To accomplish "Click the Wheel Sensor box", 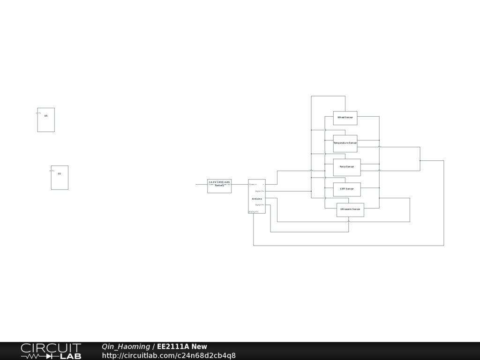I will tap(345, 118).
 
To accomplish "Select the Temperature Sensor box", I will tap(345, 143).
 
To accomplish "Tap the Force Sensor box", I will tap(347, 167).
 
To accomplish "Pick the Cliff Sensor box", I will tap(347, 189).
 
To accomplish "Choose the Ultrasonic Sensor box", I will tap(350, 209).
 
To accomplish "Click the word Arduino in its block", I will tap(257, 199).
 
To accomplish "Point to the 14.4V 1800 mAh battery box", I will tap(219, 186).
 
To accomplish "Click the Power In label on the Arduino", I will tap(253, 185).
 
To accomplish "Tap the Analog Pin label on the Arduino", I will tap(253, 212).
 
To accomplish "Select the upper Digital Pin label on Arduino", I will tap(260, 191).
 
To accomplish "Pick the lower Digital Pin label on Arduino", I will tap(260, 205).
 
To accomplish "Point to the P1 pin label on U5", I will tap(40, 113).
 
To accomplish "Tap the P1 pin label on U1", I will tap(53, 171).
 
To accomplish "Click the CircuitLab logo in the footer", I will tap(51, 351).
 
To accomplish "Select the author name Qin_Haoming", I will tap(126, 347).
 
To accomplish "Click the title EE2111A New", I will tap(182, 347).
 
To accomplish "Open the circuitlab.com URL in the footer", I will tap(169, 356).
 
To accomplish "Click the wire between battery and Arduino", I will tap(240, 184).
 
